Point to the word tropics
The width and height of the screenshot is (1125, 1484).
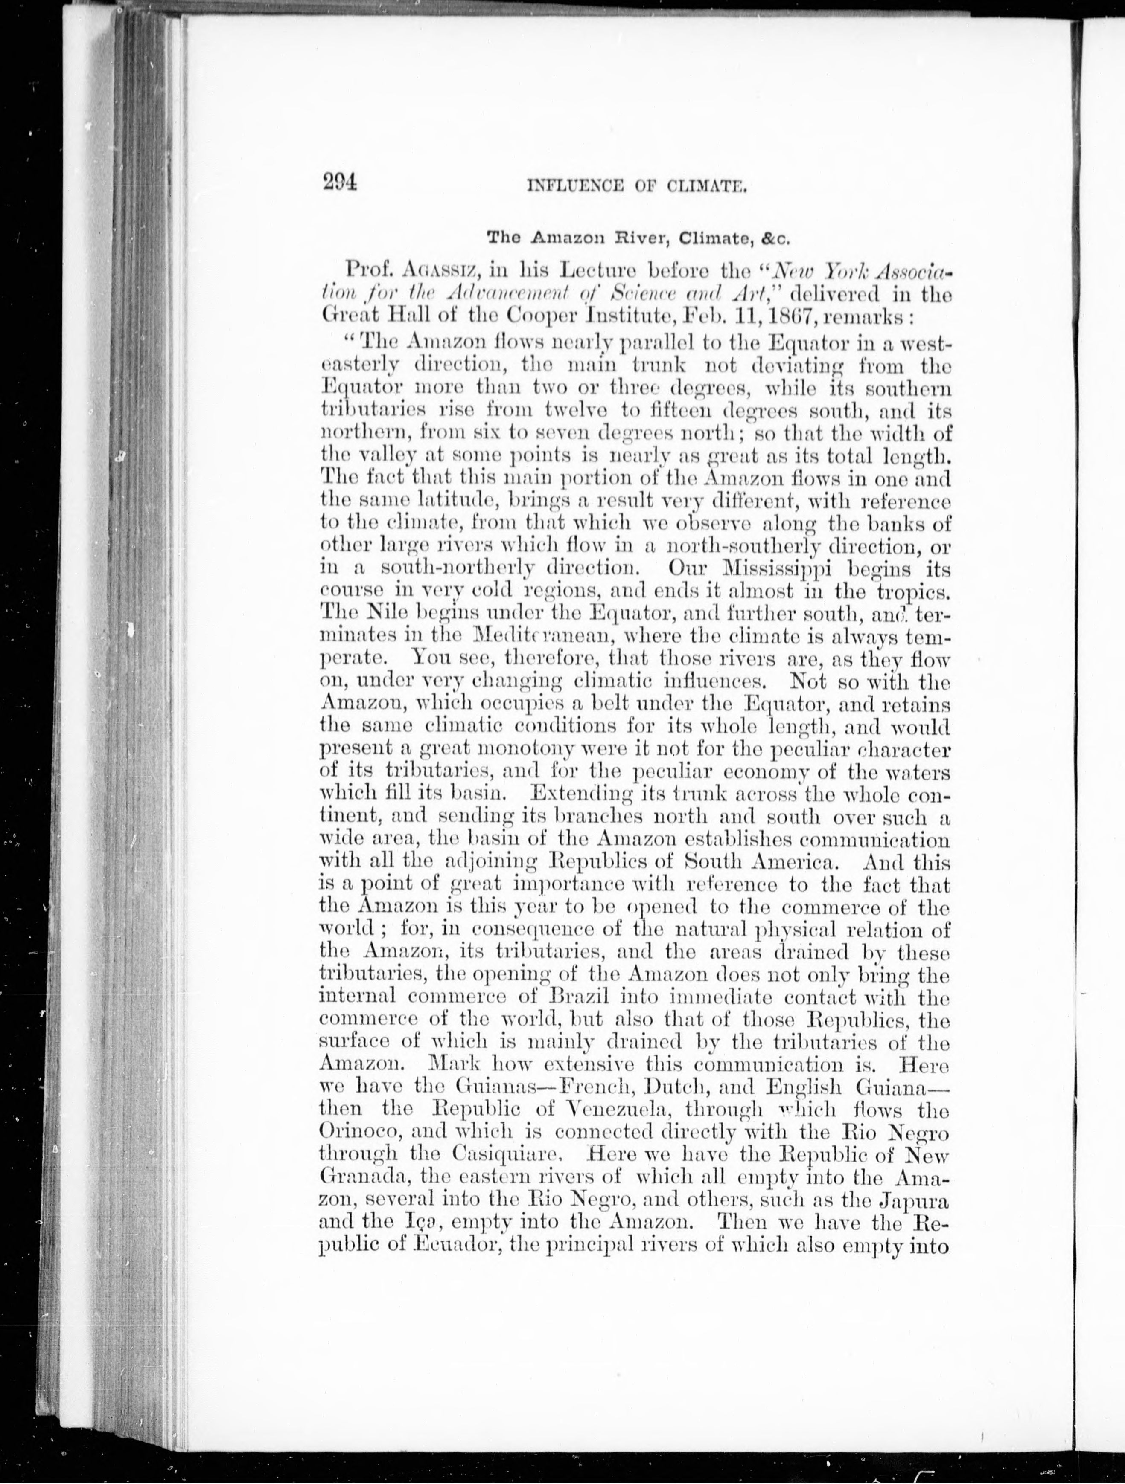[913, 592]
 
